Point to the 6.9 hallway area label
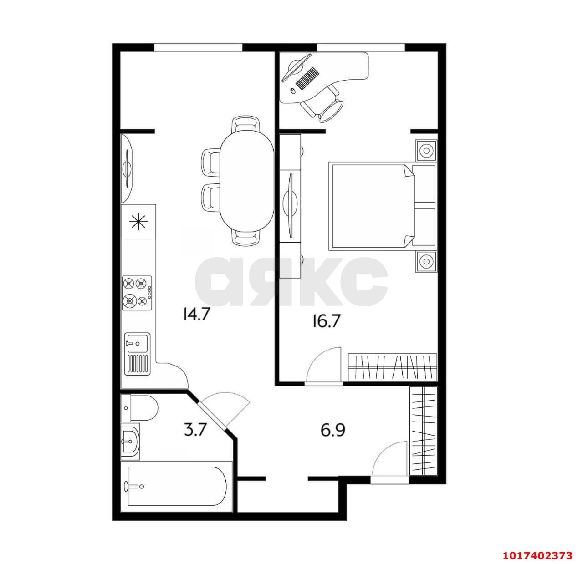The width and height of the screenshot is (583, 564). (333, 430)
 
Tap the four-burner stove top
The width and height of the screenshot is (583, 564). (137, 293)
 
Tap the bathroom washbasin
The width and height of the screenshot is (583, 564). (130, 441)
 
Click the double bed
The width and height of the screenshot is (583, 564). (382, 206)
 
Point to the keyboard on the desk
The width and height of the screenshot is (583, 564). (307, 78)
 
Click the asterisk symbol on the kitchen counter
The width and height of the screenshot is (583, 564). (138, 222)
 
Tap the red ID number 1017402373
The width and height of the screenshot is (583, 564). (537, 555)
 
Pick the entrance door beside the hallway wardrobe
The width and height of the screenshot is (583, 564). (390, 463)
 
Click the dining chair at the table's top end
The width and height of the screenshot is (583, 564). (246, 124)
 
